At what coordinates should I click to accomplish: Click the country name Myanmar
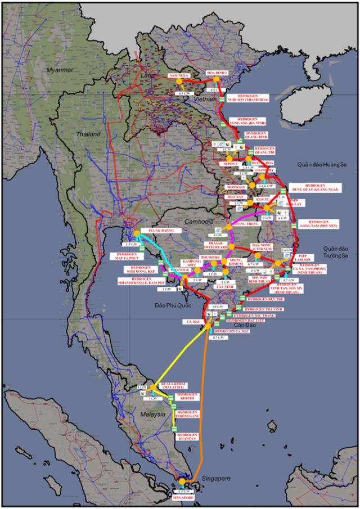pyautogui.click(x=60, y=70)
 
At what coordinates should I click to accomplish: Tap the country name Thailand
pyautogui.click(x=89, y=134)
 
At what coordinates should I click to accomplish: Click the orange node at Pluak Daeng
pyautogui.click(x=137, y=233)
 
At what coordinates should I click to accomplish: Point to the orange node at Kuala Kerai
pyautogui.click(x=152, y=388)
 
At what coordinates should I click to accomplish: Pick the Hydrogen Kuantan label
pyautogui.click(x=187, y=438)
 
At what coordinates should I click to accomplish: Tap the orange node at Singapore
pyautogui.click(x=182, y=482)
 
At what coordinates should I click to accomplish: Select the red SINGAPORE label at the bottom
pyautogui.click(x=183, y=498)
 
